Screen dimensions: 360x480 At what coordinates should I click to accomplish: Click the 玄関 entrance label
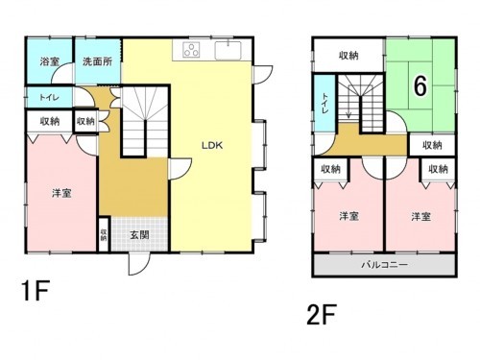click(x=139, y=236)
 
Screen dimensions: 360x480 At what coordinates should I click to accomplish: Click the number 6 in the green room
click(x=419, y=84)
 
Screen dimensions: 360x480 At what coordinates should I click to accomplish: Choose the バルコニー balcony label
click(x=384, y=262)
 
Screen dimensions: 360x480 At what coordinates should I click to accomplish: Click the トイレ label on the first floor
click(x=45, y=99)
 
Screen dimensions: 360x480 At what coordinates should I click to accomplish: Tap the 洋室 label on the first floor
click(x=60, y=193)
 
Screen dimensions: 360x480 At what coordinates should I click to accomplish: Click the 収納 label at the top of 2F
click(x=349, y=56)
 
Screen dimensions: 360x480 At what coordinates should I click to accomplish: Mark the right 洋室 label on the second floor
click(x=419, y=215)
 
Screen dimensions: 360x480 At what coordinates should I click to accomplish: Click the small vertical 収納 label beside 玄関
click(x=103, y=234)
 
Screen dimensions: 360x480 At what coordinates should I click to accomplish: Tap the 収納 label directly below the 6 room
click(x=431, y=145)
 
